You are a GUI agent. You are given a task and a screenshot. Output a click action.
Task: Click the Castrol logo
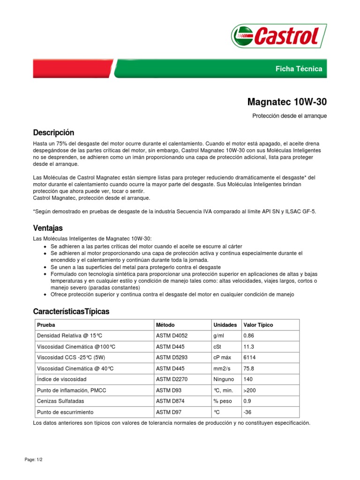coord(276,36)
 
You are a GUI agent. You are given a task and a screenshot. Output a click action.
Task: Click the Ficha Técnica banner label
coord(299,69)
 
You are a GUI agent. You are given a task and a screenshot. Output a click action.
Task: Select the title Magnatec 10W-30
coord(287,102)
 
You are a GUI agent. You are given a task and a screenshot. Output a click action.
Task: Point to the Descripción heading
coord(53,133)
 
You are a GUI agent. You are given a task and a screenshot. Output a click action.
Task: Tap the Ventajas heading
coord(48,228)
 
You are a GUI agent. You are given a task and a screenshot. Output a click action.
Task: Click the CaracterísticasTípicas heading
coord(71,312)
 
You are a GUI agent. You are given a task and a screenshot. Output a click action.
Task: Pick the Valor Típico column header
coord(258,325)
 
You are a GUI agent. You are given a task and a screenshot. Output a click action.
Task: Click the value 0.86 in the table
coord(249,336)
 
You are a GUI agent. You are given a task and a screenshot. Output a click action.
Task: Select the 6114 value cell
coord(250,357)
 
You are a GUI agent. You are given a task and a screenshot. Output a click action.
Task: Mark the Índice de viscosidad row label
coord(61,379)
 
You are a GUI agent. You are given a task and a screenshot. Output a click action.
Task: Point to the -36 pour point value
coord(247,412)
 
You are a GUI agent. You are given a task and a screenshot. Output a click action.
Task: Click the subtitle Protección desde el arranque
coord(289,116)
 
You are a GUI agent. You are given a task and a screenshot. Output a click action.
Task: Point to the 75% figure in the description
coord(64,142)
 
